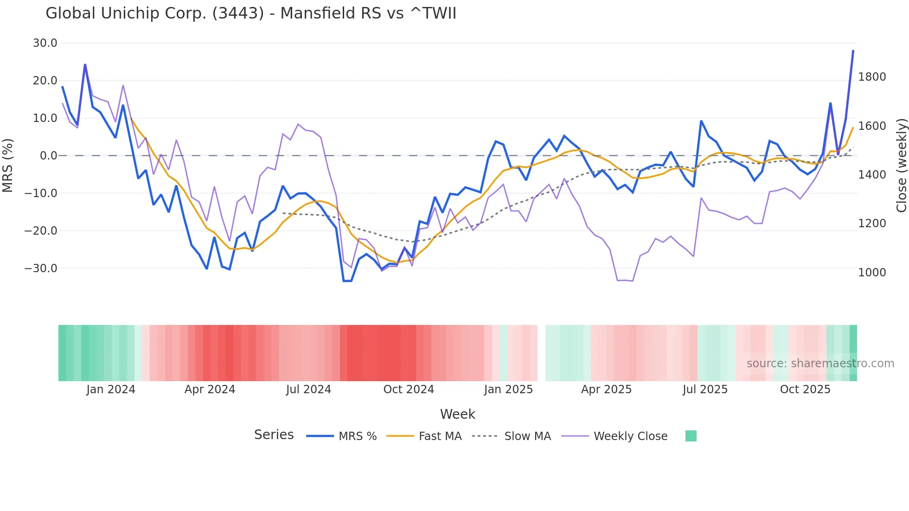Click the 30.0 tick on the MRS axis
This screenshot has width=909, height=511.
click(x=45, y=43)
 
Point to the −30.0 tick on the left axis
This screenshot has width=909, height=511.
click(x=41, y=268)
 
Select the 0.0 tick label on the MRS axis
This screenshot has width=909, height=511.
click(x=48, y=155)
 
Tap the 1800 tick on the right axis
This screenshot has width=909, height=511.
click(x=872, y=77)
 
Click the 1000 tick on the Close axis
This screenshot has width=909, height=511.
click(x=872, y=272)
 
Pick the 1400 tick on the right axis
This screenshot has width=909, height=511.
click(x=872, y=174)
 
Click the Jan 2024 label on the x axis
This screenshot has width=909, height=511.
click(x=110, y=390)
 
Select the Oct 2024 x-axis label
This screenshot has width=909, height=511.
click(x=408, y=390)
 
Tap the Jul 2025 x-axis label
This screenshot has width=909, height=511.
click(x=704, y=390)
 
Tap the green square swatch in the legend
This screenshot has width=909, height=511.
click(x=691, y=436)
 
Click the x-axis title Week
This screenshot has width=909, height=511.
click(x=457, y=414)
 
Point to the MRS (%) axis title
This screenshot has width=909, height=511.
click(x=8, y=165)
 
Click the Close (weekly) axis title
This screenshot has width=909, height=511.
click(x=901, y=165)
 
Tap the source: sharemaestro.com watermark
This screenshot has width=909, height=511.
click(x=820, y=364)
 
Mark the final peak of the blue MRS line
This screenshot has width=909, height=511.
click(x=853, y=51)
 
